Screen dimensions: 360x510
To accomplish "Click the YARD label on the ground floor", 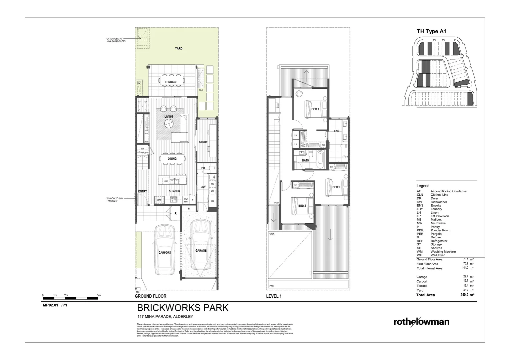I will click(178, 49).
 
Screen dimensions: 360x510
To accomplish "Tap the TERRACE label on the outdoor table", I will click(171, 82).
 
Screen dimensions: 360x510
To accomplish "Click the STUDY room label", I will click(203, 142).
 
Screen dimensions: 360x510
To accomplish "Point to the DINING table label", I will click(172, 159).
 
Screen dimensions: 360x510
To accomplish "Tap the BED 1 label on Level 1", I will click(315, 109).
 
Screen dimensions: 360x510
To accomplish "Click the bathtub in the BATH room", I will click(320, 160).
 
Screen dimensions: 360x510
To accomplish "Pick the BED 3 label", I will click(302, 206).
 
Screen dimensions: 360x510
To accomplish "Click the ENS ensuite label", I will click(337, 131).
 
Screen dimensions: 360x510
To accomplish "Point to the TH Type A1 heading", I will click(431, 32).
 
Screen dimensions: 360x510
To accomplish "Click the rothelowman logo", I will click(421, 322).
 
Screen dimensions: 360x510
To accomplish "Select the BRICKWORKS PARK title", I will click(183, 307).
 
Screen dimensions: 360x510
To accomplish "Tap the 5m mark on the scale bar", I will click(99, 295).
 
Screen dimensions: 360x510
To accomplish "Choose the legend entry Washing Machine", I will click(443, 252).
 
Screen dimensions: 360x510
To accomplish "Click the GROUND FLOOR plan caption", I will click(150, 296).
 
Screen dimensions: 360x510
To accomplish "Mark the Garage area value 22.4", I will click(466, 277).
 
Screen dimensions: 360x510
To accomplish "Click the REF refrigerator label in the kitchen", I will click(159, 200).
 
